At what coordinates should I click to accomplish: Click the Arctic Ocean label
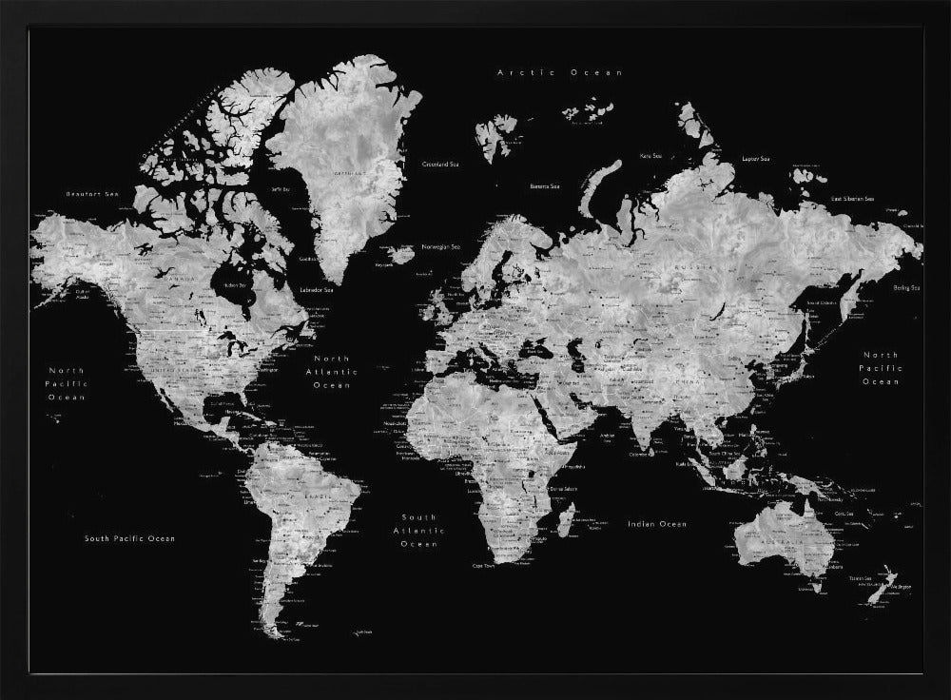coord(560,72)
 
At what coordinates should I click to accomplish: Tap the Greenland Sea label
coord(440,165)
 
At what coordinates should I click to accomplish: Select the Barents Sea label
coord(546,186)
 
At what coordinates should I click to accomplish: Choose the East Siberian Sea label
coord(852,198)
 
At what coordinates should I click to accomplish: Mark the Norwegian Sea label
coord(441,247)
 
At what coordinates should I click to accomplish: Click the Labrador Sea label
coord(316,289)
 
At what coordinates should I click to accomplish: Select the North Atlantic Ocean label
coord(334,373)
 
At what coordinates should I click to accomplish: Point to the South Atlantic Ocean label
coord(418,530)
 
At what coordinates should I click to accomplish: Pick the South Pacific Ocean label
coord(129,538)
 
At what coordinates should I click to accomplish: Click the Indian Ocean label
coord(656,524)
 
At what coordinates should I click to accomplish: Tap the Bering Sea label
coord(906,287)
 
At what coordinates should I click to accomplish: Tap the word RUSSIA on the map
coord(691,269)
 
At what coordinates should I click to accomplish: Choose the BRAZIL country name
coord(319,496)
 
